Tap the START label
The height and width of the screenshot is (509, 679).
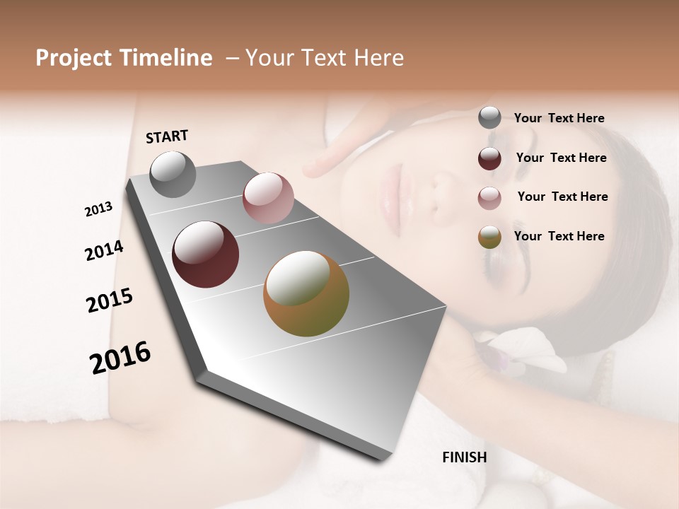click(167, 136)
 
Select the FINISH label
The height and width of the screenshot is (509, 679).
click(464, 457)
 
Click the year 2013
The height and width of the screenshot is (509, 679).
click(98, 209)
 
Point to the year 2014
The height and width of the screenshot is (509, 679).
click(104, 250)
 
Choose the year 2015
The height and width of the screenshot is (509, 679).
click(110, 300)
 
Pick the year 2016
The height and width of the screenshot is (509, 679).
click(120, 357)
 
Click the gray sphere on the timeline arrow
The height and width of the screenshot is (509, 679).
click(173, 175)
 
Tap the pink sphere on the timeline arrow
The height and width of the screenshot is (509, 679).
click(268, 198)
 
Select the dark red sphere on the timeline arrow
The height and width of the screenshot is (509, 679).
click(206, 255)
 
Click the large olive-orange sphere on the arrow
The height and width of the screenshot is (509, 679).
click(306, 294)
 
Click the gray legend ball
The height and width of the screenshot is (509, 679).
click(489, 118)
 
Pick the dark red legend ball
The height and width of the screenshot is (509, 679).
click(489, 158)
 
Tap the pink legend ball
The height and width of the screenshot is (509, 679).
click(489, 198)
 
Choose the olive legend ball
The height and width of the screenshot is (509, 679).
click(489, 238)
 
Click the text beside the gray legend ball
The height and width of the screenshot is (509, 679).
click(559, 119)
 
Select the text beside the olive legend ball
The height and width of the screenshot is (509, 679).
click(559, 236)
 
